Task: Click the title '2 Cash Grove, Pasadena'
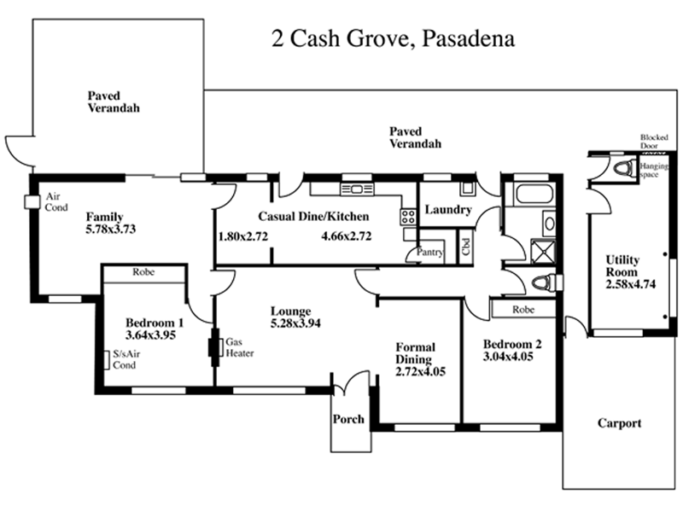[394, 38]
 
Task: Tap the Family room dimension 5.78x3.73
[111, 229]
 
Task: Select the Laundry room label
[448, 210]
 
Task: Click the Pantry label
[430, 252]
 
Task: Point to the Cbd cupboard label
[466, 247]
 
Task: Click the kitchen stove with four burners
[408, 217]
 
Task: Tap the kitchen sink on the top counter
[357, 189]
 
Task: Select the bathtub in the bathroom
[534, 195]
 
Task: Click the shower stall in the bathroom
[543, 251]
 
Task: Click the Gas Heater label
[240, 347]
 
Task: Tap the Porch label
[348, 419]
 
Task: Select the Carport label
[620, 423]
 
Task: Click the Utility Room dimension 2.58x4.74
[630, 284]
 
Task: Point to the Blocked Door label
[654, 142]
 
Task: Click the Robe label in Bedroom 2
[523, 310]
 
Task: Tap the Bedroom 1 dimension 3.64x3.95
[150, 335]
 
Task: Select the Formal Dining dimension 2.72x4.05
[420, 372]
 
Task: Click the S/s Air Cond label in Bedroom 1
[126, 359]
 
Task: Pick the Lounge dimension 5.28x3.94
[295, 323]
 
